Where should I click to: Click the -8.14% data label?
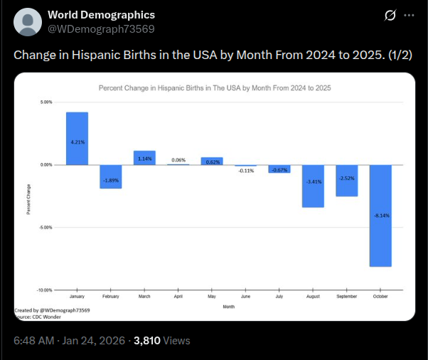(380, 214)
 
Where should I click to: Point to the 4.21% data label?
(77, 142)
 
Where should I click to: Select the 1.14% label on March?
(144, 158)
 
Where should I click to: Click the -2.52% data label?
(347, 178)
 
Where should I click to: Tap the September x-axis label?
(347, 295)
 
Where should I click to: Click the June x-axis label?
(246, 295)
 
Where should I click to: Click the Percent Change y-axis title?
(28, 200)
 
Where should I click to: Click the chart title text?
(214, 88)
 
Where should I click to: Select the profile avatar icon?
(28, 22)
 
